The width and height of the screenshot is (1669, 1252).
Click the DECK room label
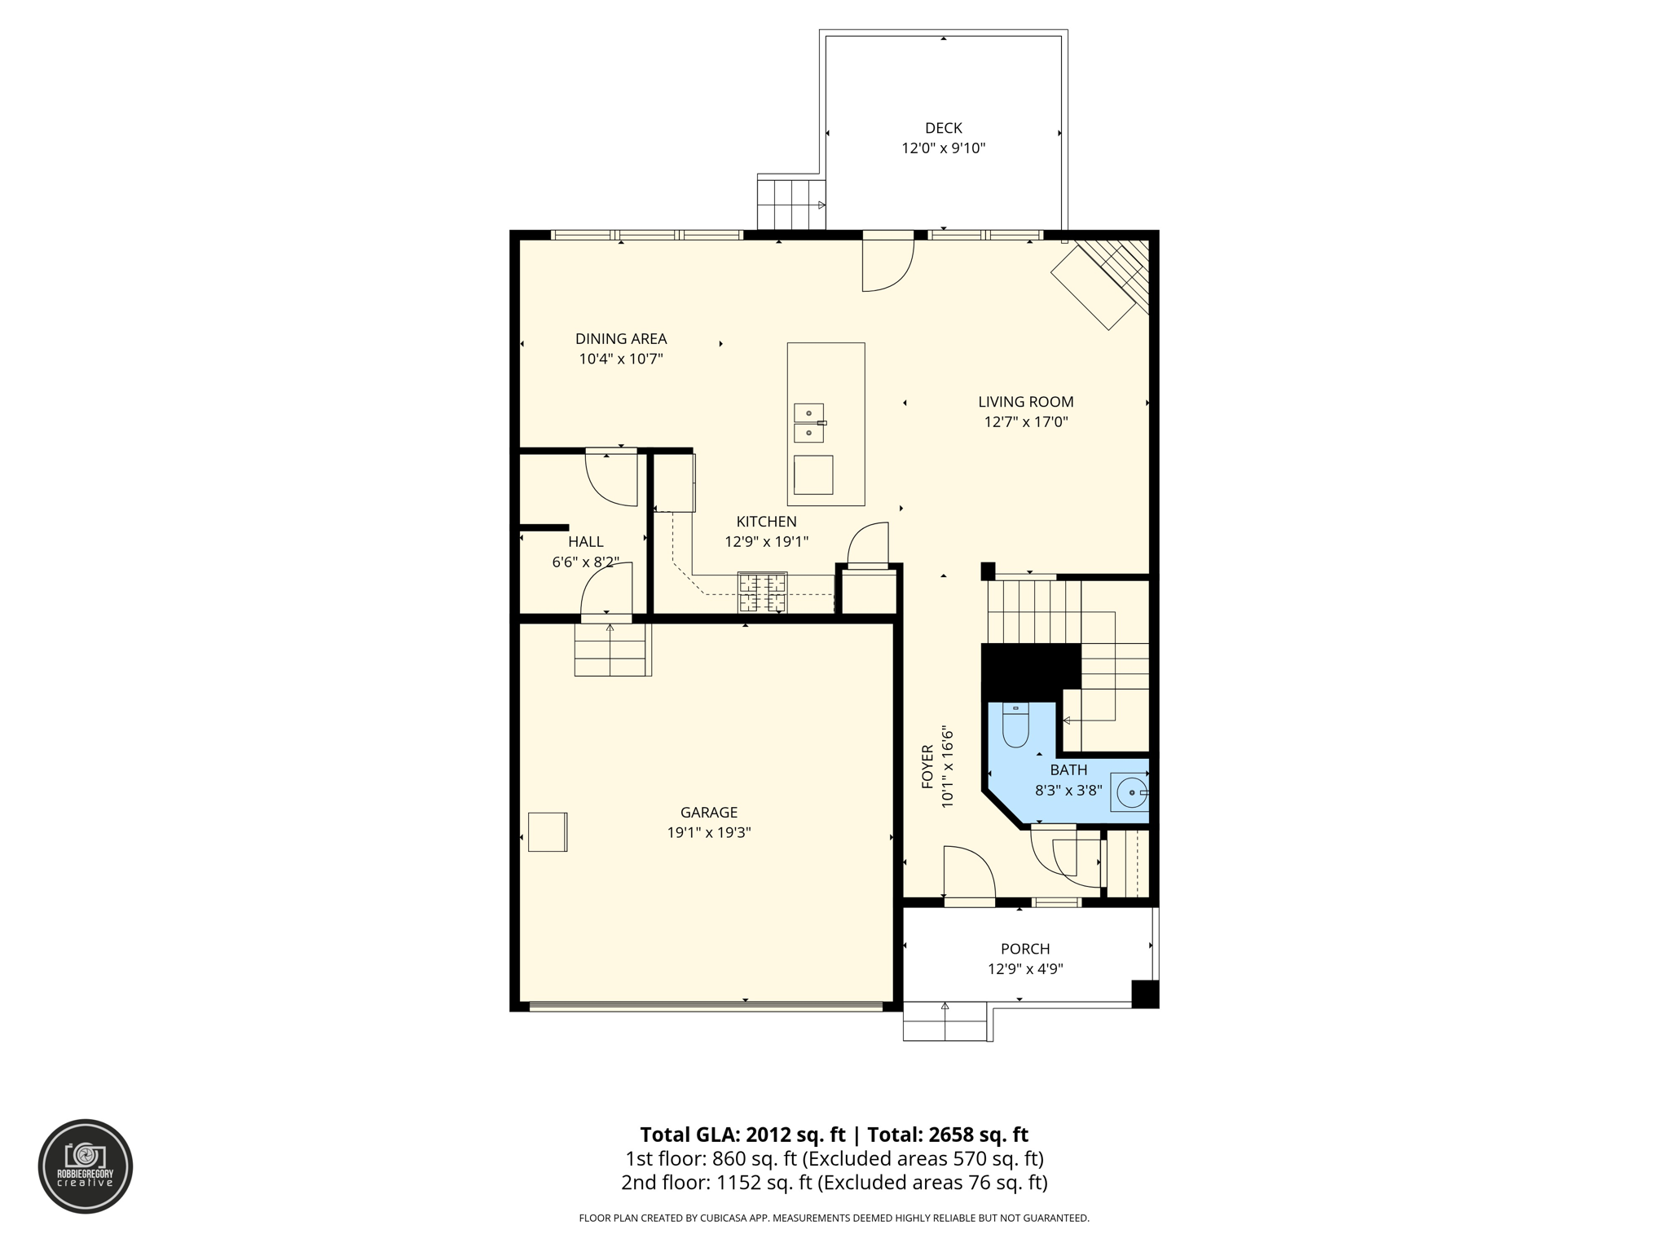pyautogui.click(x=943, y=128)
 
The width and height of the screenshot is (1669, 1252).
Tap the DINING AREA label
pyautogui.click(x=621, y=338)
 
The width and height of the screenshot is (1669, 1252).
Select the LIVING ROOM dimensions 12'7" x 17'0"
pyautogui.click(x=1025, y=422)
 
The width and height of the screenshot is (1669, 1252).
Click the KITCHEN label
pyautogui.click(x=766, y=522)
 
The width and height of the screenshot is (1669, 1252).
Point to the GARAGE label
pyautogui.click(x=708, y=812)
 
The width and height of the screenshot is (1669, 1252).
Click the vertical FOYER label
pyautogui.click(x=927, y=766)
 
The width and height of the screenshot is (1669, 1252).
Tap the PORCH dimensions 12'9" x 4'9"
pyautogui.click(x=1025, y=969)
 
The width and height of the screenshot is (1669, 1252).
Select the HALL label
pyautogui.click(x=585, y=541)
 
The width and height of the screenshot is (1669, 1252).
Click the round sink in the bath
pyautogui.click(x=1131, y=791)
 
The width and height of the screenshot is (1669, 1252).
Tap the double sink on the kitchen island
pyautogui.click(x=808, y=423)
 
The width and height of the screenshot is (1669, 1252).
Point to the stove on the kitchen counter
pyautogui.click(x=762, y=593)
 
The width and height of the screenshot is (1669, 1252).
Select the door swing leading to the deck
pyautogui.click(x=887, y=266)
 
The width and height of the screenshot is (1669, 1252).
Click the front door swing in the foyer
pyautogui.click(x=968, y=873)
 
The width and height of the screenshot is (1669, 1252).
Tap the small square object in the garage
pyautogui.click(x=547, y=831)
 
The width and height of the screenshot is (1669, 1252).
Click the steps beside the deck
pyautogui.click(x=790, y=204)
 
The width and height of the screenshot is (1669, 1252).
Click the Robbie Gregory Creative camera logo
pyautogui.click(x=86, y=1166)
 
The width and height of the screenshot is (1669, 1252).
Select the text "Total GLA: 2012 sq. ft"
pyautogui.click(x=742, y=1135)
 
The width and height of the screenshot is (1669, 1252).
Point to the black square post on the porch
pyautogui.click(x=1145, y=994)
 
